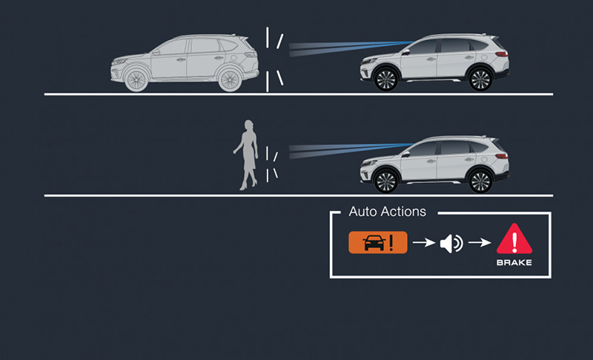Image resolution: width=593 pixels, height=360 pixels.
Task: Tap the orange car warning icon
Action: (x=378, y=242)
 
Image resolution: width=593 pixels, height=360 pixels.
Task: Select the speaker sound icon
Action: (x=451, y=243)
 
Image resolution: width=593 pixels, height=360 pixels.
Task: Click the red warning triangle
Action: (x=514, y=239)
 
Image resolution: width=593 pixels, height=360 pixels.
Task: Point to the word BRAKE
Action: (x=514, y=262)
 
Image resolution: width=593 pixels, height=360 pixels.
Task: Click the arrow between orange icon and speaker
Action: (x=424, y=242)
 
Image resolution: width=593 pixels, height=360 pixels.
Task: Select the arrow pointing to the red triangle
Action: (x=480, y=242)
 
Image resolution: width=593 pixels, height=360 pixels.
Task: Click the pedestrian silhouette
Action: (x=246, y=155)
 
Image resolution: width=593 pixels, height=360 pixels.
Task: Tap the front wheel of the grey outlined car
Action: (x=136, y=79)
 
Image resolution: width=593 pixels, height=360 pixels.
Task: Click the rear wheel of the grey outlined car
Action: (x=230, y=79)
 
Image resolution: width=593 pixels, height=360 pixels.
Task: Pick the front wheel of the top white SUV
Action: (x=385, y=79)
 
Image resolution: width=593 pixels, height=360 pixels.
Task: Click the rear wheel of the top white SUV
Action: (x=480, y=79)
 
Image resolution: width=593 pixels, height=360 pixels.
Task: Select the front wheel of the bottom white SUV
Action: (x=385, y=181)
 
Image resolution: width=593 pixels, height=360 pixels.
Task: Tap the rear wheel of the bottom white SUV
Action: (x=480, y=181)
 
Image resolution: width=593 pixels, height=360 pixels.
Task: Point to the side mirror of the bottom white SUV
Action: (x=406, y=155)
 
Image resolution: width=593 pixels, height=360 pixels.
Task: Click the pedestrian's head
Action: (x=248, y=126)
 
